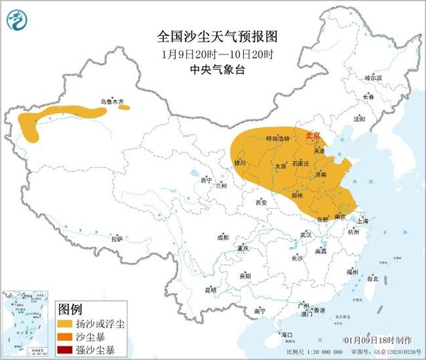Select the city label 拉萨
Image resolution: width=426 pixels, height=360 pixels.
pos(117,239)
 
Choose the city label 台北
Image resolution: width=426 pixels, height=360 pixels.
pos(372,278)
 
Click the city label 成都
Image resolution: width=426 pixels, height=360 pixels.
pos(222,237)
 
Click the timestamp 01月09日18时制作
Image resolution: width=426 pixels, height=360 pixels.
pos(378,340)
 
